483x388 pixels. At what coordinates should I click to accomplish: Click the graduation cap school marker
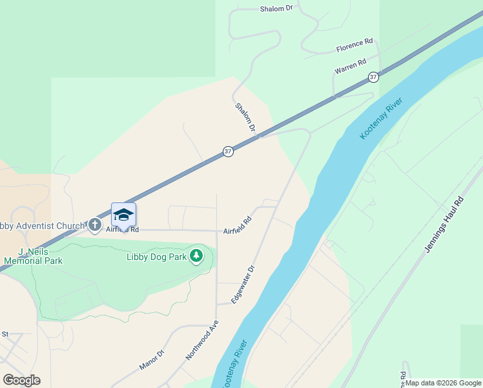(x=123, y=215)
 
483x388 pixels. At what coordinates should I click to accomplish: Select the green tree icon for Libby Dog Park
(x=196, y=257)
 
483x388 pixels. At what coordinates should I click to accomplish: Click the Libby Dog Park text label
(x=156, y=257)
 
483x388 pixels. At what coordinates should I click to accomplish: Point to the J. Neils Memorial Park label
(x=32, y=256)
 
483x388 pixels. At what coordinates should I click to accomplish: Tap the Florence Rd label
(x=355, y=45)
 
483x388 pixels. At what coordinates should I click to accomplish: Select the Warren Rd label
(x=351, y=66)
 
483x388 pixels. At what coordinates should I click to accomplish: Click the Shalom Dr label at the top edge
(x=276, y=8)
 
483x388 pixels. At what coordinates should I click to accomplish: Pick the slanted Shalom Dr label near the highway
(x=245, y=118)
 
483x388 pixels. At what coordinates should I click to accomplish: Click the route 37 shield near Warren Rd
(x=373, y=77)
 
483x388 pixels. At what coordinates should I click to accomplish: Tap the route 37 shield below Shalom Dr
(x=228, y=151)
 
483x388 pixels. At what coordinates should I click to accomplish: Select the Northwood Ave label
(x=201, y=340)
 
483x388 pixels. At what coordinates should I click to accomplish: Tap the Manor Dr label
(x=152, y=360)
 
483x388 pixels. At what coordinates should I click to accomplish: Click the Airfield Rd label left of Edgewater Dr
(x=237, y=225)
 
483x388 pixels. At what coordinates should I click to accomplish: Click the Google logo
(x=21, y=380)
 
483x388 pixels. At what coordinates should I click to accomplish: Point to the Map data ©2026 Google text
(x=443, y=383)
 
